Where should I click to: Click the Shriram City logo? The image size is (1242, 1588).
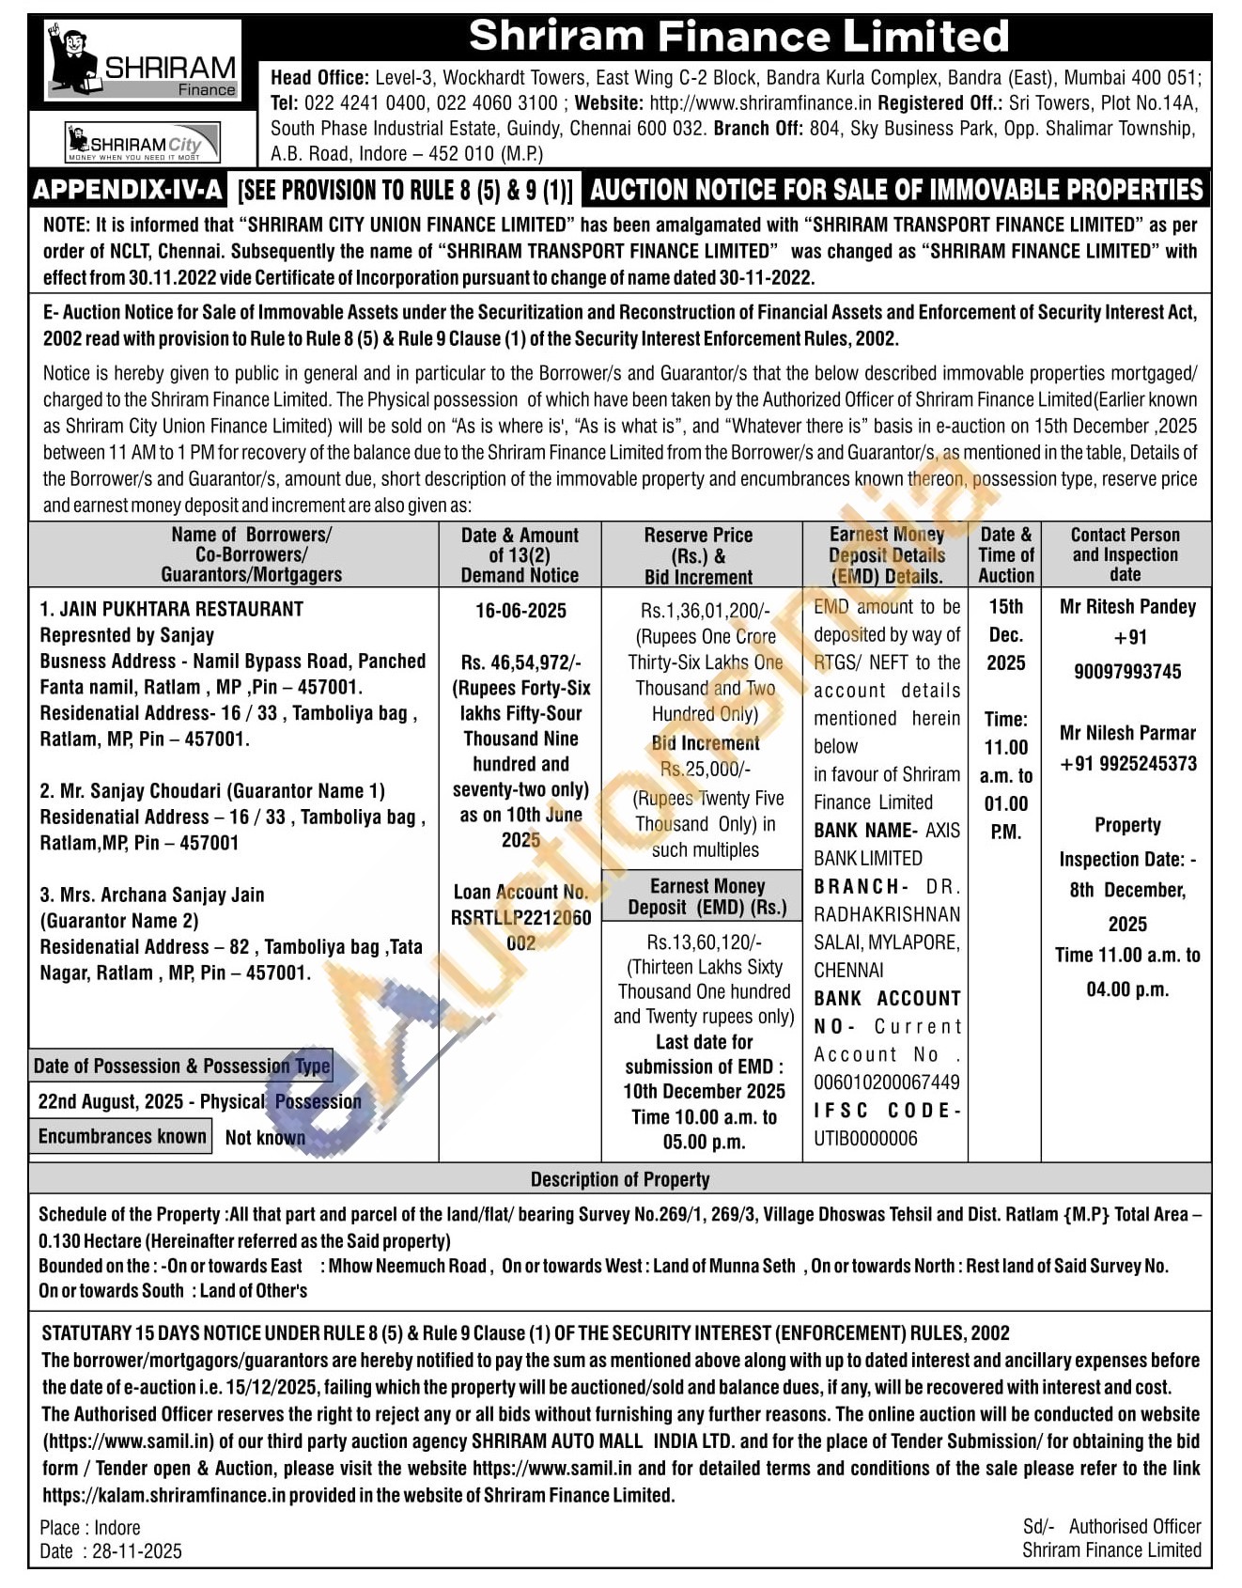[x=142, y=144]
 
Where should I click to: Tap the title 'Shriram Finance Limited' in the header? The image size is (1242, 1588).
[x=738, y=37]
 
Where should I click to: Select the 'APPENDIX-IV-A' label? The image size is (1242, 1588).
[x=128, y=190]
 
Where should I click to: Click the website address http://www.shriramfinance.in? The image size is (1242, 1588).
[x=760, y=103]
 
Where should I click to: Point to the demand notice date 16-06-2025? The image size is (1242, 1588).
[x=520, y=611]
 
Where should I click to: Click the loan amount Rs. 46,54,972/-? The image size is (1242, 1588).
[x=520, y=662]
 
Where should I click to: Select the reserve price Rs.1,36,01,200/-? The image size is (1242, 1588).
[x=706, y=611]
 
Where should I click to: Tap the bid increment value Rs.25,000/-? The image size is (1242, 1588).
[x=706, y=769]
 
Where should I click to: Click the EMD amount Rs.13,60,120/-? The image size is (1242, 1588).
[x=704, y=942]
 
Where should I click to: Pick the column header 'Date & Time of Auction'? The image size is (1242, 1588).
[x=1005, y=554]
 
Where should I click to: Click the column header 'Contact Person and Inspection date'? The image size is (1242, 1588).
[x=1125, y=554]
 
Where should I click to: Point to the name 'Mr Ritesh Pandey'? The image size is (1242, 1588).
[x=1127, y=606]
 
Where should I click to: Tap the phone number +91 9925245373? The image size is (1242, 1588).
[x=1127, y=763]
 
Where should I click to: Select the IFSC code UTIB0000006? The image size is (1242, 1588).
[x=865, y=1138]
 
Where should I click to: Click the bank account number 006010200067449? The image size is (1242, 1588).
[x=887, y=1082]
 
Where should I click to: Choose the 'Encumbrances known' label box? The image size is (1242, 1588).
[x=122, y=1136]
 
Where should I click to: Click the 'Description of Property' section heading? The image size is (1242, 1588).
[x=620, y=1179]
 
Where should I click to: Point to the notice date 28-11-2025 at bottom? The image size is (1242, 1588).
[x=137, y=1551]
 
